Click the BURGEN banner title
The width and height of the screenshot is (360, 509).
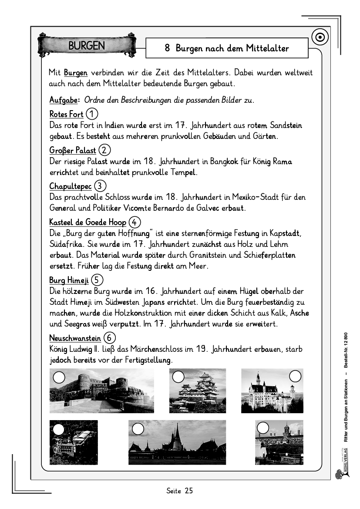(x=87, y=46)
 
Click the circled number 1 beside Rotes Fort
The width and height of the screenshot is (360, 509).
(x=92, y=115)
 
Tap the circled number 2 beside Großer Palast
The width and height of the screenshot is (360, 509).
(x=104, y=150)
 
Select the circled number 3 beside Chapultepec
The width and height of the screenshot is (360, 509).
(x=100, y=186)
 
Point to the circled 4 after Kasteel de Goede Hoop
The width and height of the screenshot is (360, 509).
(x=135, y=222)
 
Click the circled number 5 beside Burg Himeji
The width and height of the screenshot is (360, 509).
(x=98, y=280)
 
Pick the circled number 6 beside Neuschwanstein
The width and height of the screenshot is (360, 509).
(x=110, y=338)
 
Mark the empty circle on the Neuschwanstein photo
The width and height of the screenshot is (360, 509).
(x=296, y=376)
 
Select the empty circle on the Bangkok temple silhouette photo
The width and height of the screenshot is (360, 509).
(x=138, y=429)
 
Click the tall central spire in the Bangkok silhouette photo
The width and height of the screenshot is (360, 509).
(x=177, y=435)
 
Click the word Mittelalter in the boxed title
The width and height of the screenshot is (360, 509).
(x=266, y=48)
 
